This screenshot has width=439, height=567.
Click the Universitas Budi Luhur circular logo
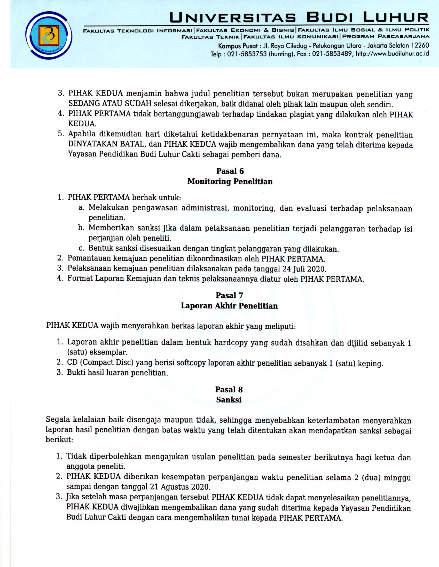[49, 37]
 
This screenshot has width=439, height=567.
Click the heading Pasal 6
[230, 171]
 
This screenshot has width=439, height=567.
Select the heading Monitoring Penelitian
[230, 181]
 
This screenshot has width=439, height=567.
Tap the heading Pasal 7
[230, 295]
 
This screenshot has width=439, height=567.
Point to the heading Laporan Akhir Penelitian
[230, 305]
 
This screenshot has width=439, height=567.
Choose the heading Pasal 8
[229, 389]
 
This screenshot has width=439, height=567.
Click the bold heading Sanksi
[229, 399]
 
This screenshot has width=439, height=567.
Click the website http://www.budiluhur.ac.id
[392, 54]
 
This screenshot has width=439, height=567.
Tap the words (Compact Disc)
[108, 363]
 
